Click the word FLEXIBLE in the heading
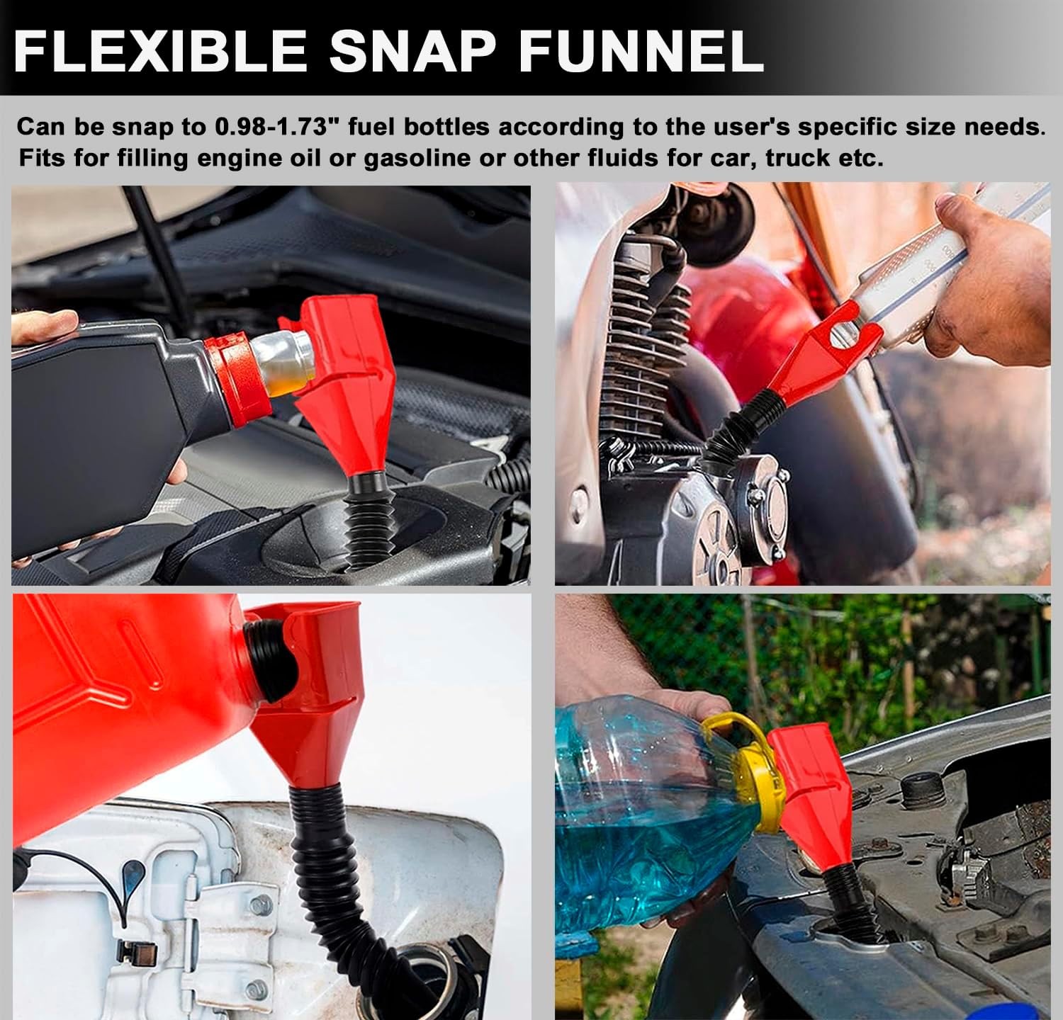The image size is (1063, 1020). tap(160, 50)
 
